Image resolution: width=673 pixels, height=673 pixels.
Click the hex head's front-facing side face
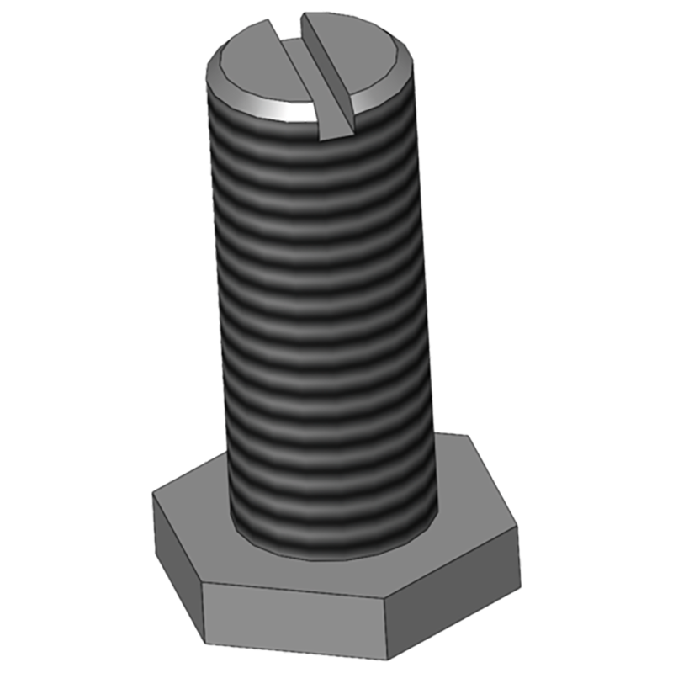[x=294, y=618]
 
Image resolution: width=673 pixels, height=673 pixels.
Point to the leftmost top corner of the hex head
[x=152, y=493]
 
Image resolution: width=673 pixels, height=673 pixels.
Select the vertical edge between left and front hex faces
[x=202, y=614]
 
